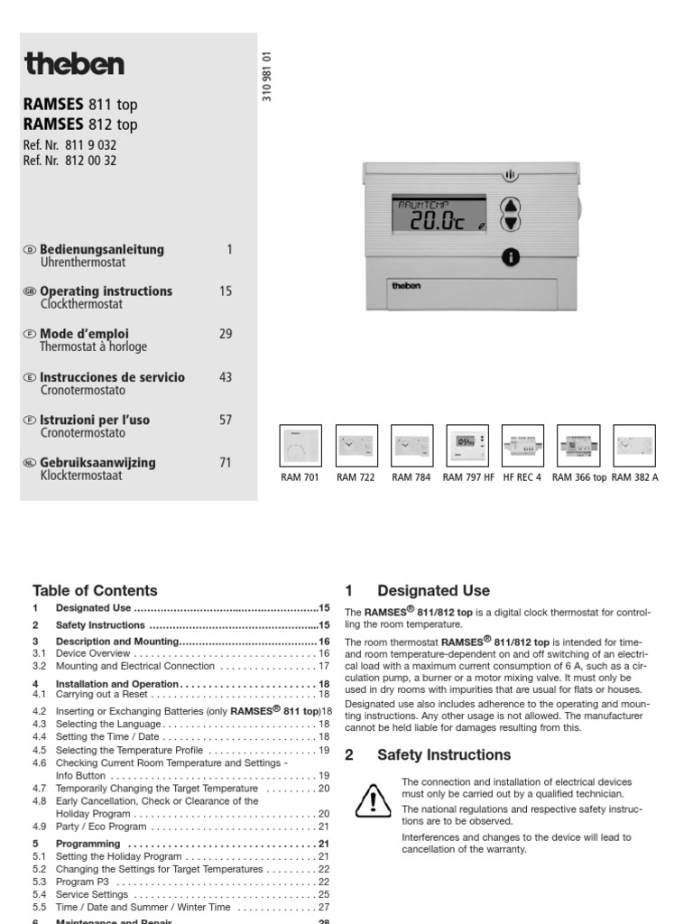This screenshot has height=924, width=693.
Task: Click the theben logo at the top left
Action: pos(75,64)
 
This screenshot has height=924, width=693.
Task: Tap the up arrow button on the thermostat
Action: pos(511,205)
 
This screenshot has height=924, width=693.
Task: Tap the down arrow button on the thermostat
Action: pos(511,222)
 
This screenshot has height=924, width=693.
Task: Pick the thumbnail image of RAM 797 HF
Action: pos(467,445)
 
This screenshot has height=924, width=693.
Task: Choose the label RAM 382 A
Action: pos(634,477)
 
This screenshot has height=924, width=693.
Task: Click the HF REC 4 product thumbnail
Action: pos(522,445)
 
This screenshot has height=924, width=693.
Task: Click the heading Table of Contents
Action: pos(95,591)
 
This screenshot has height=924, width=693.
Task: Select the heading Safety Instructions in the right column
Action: pos(444,754)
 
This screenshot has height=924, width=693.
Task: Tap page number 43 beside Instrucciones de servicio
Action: pos(226,377)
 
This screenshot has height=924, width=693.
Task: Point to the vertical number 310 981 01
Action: pos(267,77)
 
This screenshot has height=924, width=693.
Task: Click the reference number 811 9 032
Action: pos(87,145)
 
